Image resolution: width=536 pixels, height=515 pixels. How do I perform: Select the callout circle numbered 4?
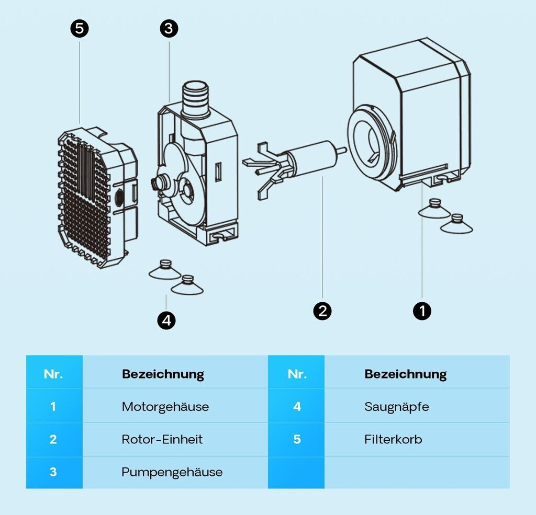click(x=166, y=320)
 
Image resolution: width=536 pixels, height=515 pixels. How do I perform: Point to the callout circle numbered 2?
click(x=322, y=311)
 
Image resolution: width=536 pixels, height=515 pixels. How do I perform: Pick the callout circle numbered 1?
click(x=422, y=311)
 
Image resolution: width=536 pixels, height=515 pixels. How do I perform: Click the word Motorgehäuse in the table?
click(x=165, y=406)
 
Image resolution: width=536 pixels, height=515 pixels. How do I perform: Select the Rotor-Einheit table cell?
click(x=162, y=439)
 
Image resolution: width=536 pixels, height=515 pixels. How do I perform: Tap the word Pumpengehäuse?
click(x=172, y=472)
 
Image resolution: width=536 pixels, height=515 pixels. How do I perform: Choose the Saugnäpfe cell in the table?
click(x=396, y=406)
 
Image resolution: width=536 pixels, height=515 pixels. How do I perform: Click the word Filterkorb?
click(x=393, y=439)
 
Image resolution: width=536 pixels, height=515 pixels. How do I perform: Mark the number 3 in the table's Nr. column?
click(x=53, y=472)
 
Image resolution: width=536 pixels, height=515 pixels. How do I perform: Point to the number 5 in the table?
click(x=297, y=439)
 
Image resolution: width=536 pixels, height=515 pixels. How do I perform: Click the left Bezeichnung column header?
click(x=163, y=374)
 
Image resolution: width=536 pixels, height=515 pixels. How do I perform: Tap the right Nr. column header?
click(x=297, y=374)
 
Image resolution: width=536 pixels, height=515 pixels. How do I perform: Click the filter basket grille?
click(x=84, y=199)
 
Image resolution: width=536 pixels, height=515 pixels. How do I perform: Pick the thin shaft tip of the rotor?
click(x=341, y=150)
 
